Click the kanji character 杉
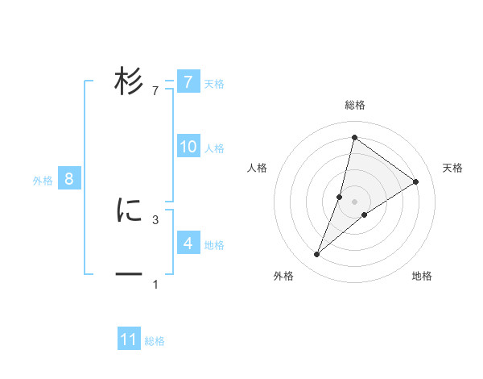coord(129,81)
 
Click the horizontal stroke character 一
coord(129,274)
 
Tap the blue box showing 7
coord(188,81)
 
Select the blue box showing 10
coord(188,147)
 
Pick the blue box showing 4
coord(188,243)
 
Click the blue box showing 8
coord(69,179)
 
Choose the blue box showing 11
coord(129,339)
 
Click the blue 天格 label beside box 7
coord(214,83)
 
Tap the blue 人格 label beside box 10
coord(214,148)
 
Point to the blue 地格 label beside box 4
coord(214,244)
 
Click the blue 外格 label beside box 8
coord(43,181)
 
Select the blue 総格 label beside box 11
coord(155,341)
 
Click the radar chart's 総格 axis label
coord(354,105)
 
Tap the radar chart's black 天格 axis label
coord(452,168)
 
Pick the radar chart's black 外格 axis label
coord(283,276)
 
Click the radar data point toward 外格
coord(317,255)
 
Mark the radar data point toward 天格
coord(416,181)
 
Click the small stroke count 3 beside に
coord(155,219)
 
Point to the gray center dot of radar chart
coord(354,202)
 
